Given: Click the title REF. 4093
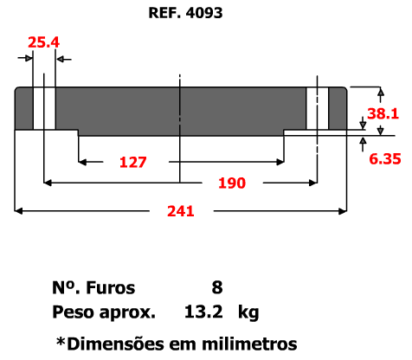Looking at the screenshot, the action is point(185,13).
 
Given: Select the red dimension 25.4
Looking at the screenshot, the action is point(44,42).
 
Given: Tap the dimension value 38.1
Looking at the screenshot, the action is point(383,113).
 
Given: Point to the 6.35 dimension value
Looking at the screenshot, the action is point(385,159).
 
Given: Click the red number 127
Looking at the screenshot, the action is point(133,162).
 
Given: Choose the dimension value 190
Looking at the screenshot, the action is point(232,183).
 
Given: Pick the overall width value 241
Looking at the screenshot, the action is point(181,211).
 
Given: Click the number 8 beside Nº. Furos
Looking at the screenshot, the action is point(217,287).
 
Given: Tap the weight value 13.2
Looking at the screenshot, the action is point(203,312).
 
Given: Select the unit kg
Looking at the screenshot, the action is point(248,312).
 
